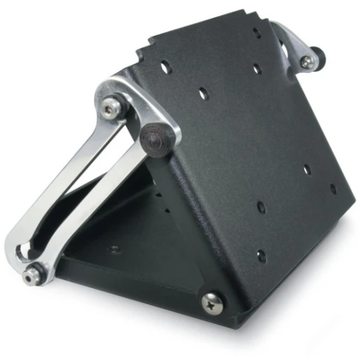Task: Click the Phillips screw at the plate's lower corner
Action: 212,302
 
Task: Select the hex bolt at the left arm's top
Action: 110,110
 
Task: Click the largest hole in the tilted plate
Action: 166,66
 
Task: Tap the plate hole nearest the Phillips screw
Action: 261,255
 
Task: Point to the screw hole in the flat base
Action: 114,250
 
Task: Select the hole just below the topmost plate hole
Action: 256,69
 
